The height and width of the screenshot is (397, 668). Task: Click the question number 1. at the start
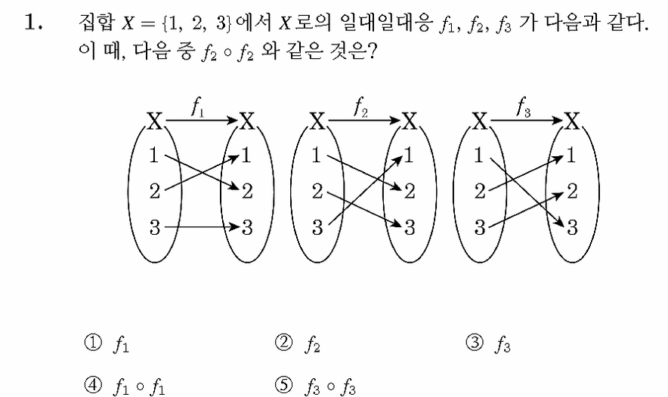pyautogui.click(x=33, y=22)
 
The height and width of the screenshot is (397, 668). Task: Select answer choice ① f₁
pyautogui.click(x=107, y=344)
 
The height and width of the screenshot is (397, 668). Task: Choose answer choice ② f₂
pyautogui.click(x=298, y=344)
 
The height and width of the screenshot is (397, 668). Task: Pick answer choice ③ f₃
pyautogui.click(x=488, y=344)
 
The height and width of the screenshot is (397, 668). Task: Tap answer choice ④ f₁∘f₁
pyautogui.click(x=125, y=386)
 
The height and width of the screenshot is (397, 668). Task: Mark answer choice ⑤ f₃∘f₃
pyautogui.click(x=315, y=386)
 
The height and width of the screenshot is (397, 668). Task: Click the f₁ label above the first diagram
pyautogui.click(x=198, y=107)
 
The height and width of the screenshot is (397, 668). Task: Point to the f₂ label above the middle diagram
pyautogui.click(x=360, y=107)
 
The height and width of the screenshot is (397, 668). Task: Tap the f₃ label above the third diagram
pyautogui.click(x=524, y=107)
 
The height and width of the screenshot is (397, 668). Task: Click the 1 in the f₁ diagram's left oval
pyautogui.click(x=154, y=155)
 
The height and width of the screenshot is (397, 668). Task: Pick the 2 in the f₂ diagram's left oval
pyautogui.click(x=317, y=191)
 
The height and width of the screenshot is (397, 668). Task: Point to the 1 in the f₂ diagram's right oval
pyautogui.click(x=409, y=155)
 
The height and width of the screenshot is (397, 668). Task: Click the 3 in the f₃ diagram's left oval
pyautogui.click(x=480, y=227)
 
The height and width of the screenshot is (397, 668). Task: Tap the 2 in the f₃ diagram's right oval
pyautogui.click(x=572, y=191)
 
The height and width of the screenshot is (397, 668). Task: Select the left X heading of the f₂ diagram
pyautogui.click(x=317, y=122)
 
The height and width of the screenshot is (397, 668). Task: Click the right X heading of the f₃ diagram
pyautogui.click(x=572, y=122)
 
